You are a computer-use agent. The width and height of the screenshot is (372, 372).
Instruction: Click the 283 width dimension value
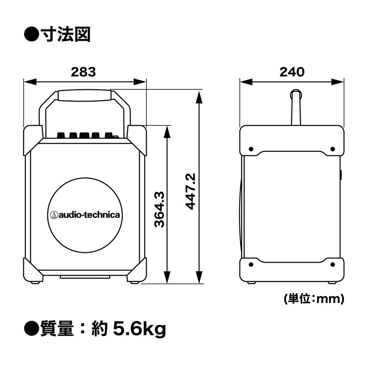point(83,72)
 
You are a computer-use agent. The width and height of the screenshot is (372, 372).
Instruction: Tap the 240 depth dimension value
point(292,72)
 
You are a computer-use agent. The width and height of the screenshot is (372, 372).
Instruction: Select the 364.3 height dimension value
point(159,210)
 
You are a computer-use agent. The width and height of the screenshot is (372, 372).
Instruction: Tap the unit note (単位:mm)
point(314,299)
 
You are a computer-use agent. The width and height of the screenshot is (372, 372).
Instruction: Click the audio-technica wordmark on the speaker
point(89,215)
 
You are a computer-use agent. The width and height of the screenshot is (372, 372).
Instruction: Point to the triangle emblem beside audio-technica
point(54,215)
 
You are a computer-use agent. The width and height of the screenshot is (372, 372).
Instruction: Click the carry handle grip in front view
point(85,95)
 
